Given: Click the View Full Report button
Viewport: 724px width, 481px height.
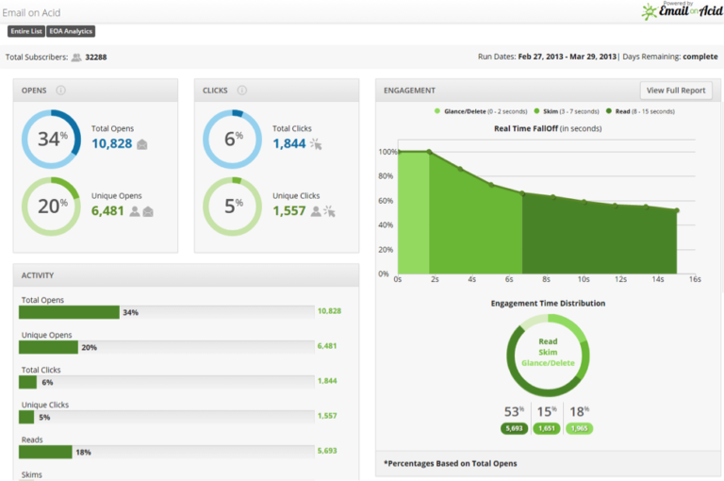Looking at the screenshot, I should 676,91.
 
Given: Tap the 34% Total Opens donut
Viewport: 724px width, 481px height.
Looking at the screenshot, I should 51,139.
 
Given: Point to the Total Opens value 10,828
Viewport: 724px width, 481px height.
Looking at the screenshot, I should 111,144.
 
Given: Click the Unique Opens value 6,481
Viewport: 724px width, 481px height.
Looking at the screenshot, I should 107,211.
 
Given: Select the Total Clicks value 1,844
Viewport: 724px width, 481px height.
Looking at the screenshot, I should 289,144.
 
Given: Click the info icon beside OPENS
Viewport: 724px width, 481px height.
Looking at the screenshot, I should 60,91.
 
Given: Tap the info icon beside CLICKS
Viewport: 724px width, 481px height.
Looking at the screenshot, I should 242,91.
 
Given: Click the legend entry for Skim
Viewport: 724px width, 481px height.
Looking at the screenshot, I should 566,111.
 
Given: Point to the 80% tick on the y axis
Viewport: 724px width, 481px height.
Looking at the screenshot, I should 386,176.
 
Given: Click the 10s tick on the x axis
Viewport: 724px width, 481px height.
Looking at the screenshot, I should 584,280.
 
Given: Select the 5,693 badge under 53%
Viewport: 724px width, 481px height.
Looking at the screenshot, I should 514,428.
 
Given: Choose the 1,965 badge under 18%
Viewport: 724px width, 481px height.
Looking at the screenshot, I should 578,428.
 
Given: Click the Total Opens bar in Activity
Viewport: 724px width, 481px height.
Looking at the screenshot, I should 70,312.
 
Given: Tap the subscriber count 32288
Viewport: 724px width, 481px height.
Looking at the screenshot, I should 96,58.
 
